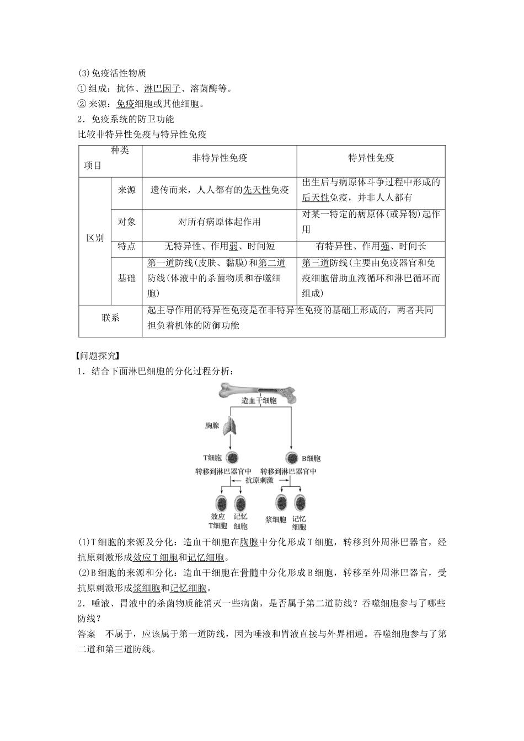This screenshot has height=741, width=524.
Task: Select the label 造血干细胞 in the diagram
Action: pos(259,401)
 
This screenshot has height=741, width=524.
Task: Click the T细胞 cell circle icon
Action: pos(232,458)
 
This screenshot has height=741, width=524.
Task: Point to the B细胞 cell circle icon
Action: pos(292,458)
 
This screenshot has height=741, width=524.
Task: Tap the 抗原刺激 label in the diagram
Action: pos(259,481)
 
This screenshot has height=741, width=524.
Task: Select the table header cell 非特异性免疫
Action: pos(220,158)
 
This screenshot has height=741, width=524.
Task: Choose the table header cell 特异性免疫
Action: pos(371,158)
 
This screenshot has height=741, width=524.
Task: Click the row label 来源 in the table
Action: pos(126,190)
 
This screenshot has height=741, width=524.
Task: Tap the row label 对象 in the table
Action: pos(126,222)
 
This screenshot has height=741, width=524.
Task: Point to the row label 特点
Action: pos(126,246)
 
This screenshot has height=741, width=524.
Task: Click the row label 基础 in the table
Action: pos(126,278)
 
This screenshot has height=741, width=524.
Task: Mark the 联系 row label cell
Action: pos(110,318)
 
